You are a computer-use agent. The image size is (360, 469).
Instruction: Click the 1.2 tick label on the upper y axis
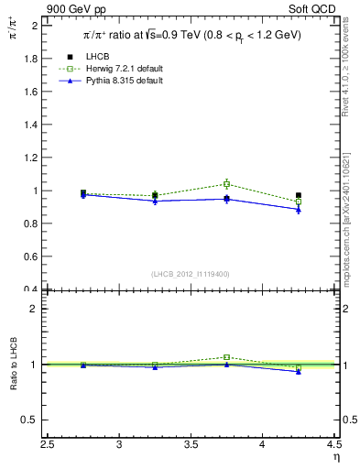(32, 158)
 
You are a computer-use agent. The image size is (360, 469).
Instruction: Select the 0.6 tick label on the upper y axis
(32, 257)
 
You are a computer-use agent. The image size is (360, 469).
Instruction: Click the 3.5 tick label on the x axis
(191, 444)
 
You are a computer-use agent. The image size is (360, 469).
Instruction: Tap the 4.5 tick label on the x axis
(333, 444)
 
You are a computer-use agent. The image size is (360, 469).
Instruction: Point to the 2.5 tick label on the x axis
(48, 444)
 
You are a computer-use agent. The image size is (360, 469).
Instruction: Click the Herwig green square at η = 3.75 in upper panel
(227, 184)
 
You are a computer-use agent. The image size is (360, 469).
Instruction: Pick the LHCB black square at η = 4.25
(299, 195)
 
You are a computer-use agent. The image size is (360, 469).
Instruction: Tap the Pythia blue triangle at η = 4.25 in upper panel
(299, 209)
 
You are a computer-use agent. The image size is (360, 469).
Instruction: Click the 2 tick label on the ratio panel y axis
(35, 309)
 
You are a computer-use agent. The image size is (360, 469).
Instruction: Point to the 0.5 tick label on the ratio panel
(31, 420)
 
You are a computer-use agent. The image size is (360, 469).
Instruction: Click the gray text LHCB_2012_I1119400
(191, 274)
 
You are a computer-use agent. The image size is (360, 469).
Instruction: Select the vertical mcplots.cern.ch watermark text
(349, 229)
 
